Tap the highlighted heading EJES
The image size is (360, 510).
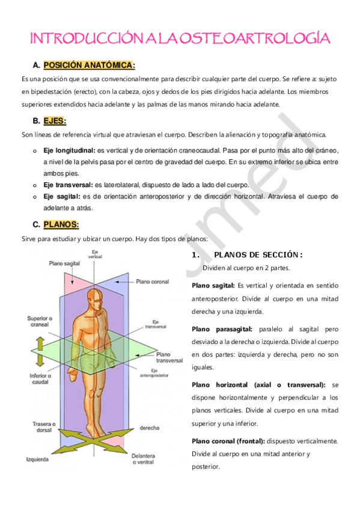[55, 120]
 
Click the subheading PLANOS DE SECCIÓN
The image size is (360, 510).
[258, 254]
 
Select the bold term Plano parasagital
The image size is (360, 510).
[222, 329]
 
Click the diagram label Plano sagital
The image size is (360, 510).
[64, 263]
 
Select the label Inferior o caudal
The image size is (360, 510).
[38, 379]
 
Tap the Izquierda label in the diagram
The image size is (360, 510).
[37, 458]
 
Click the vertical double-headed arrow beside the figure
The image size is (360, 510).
[40, 351]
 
